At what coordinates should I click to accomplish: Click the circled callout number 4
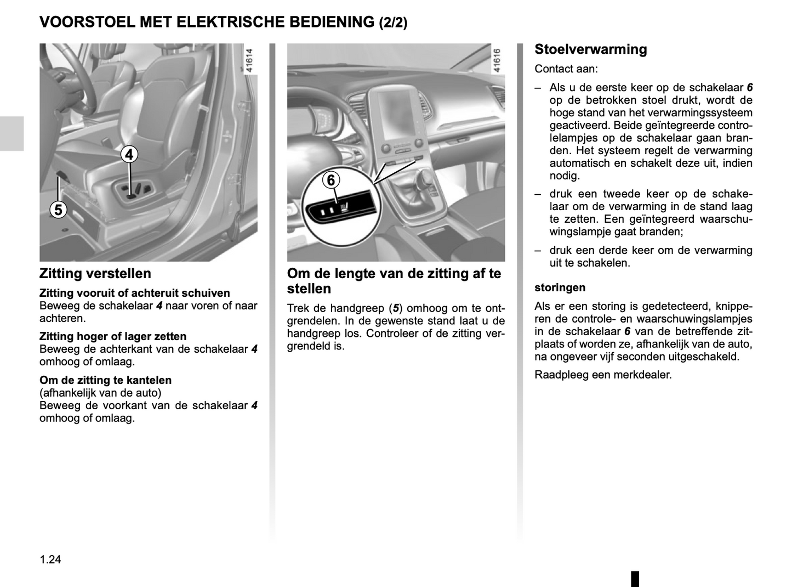pos(129,155)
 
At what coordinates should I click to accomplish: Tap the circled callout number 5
pos(58,210)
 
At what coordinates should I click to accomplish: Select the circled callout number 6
pos(331,180)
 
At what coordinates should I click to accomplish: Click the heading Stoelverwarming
pos(590,49)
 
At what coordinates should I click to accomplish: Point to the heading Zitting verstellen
pos(95,273)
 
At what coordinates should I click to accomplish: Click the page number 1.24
pos(50,560)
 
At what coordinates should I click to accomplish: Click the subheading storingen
pos(560,287)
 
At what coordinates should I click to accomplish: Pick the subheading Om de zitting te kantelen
pos(105,380)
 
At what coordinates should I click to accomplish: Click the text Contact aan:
pos(566,69)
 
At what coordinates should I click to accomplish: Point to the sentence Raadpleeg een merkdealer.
pos(603,375)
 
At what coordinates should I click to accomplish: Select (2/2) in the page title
pos(393,22)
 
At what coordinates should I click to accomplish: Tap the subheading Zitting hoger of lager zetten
pos(113,336)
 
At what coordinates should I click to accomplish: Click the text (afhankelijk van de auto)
pos(100,393)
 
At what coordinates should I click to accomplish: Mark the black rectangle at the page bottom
pos(635,578)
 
